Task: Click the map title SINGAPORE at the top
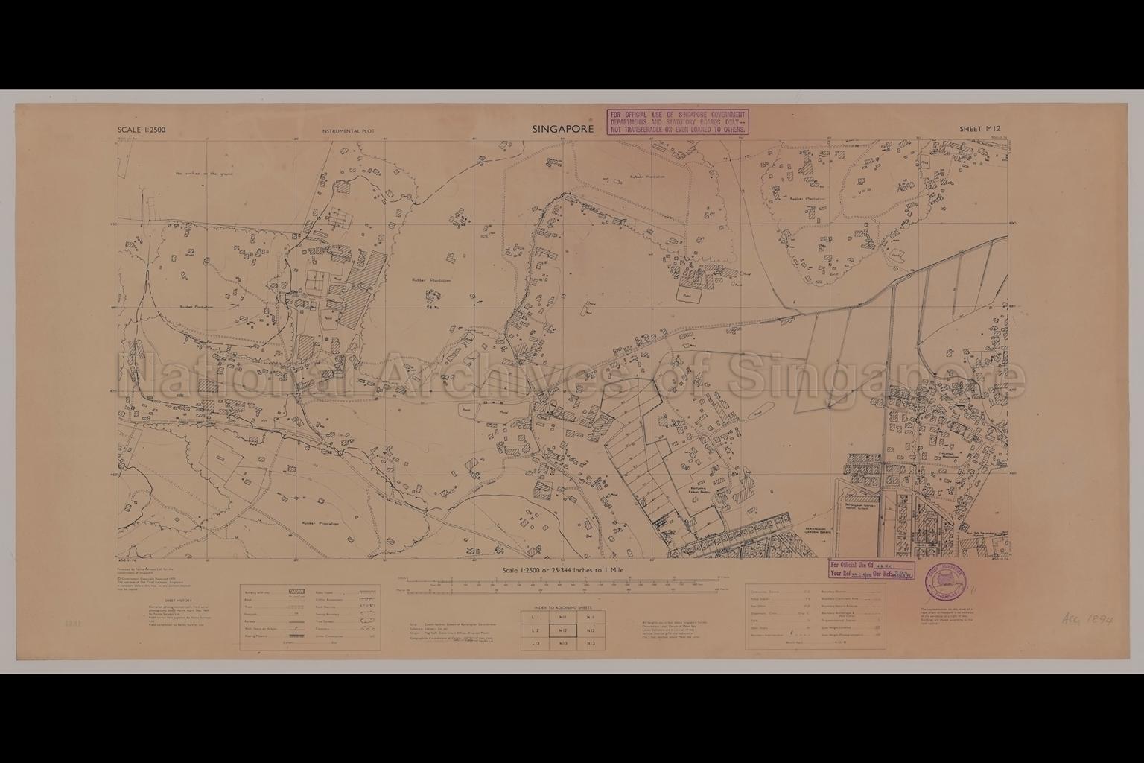coord(562,129)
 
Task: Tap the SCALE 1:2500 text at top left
coord(142,130)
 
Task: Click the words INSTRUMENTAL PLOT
coord(348,131)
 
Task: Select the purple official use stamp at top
coord(677,121)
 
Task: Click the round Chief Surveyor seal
coord(946,579)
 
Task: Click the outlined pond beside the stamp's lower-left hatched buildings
coord(686,296)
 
